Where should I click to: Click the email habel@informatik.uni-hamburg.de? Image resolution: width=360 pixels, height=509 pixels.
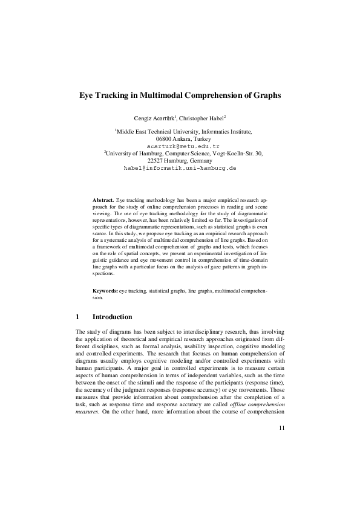point(180,167)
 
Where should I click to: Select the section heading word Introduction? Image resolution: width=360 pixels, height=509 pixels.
point(112,317)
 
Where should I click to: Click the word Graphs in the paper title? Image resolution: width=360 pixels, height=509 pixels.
point(266,96)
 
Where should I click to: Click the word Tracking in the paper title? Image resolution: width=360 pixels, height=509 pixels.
point(112,96)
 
